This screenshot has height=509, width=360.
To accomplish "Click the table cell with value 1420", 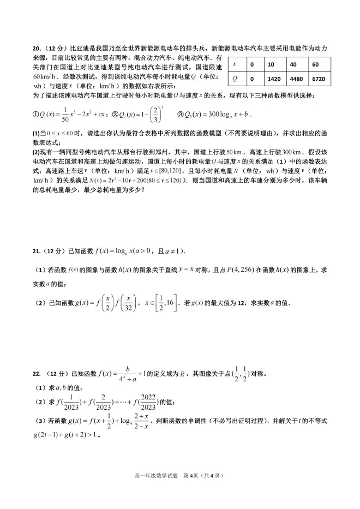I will point(274,78).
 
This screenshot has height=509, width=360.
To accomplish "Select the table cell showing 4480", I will point(297,78).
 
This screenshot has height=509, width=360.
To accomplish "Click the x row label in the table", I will point(235,64).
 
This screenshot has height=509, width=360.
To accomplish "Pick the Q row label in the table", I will point(235,78).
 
